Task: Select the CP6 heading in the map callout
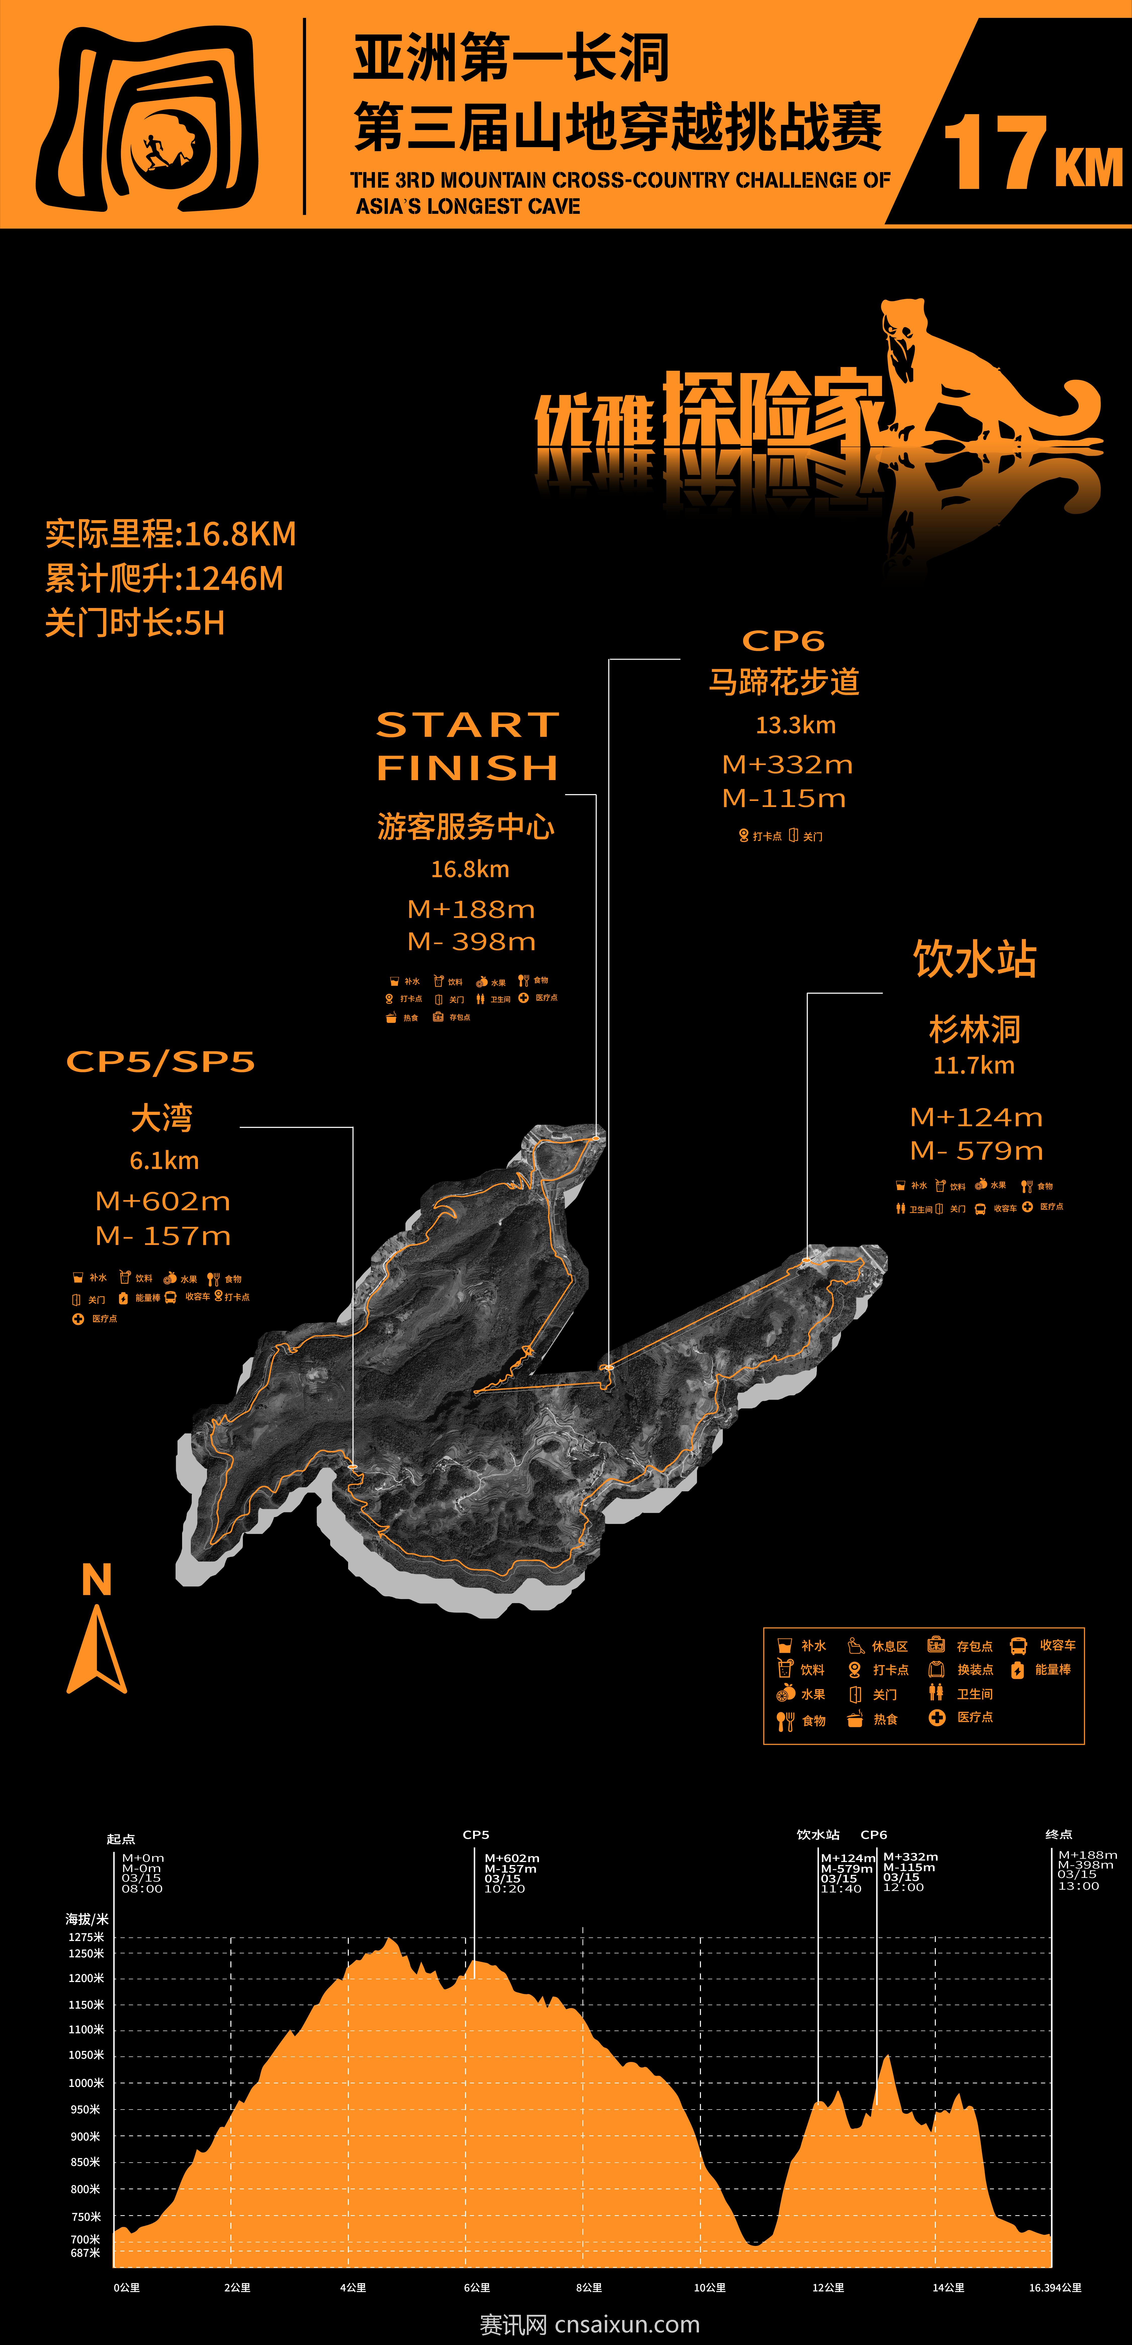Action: (x=783, y=641)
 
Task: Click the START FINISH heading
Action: (x=468, y=746)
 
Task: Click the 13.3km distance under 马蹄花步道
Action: (x=795, y=725)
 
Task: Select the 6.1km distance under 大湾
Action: (x=164, y=1161)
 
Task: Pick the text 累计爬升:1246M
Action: (x=165, y=579)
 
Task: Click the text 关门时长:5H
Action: (x=135, y=624)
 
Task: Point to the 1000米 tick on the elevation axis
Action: (x=87, y=2083)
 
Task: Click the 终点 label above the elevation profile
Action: (x=1058, y=1834)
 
